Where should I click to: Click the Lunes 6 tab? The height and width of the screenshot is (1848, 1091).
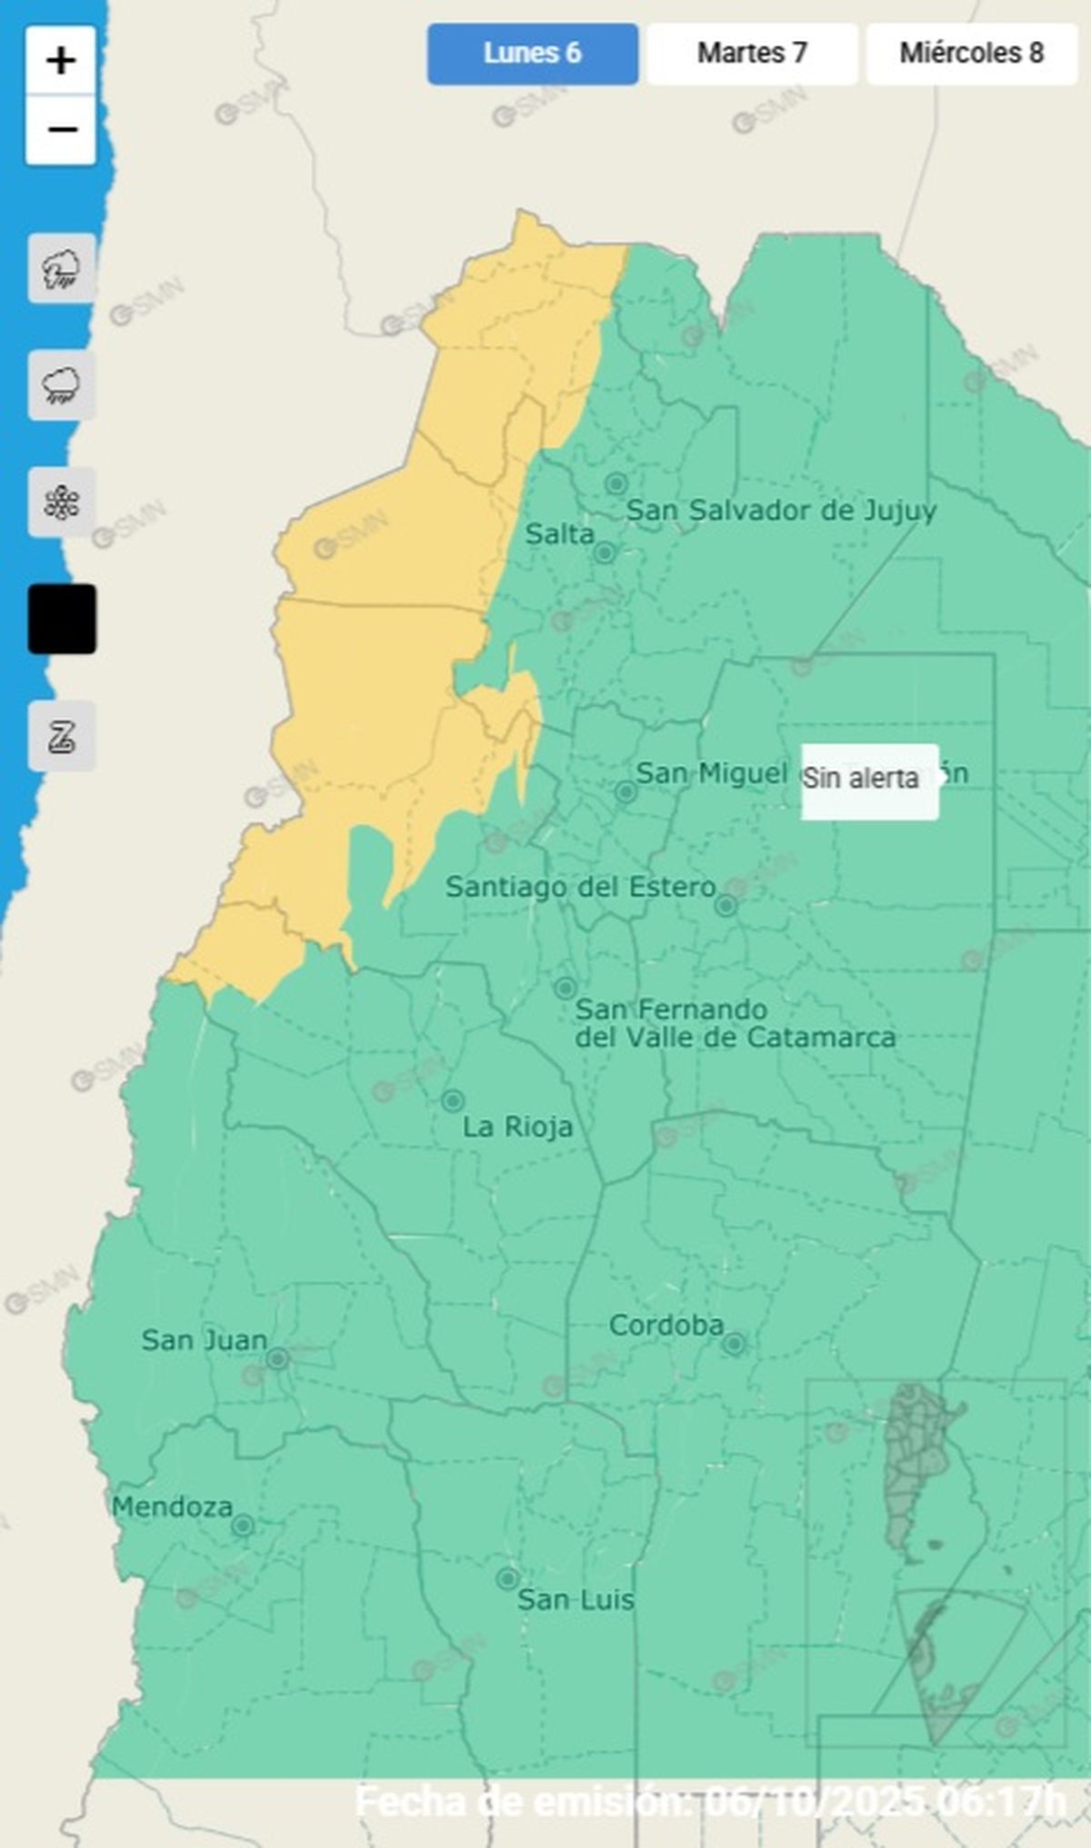click(533, 54)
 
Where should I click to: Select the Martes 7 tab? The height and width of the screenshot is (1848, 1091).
click(752, 54)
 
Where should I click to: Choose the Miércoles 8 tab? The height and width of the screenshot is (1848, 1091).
click(971, 54)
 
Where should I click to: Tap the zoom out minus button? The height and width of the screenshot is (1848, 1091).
click(61, 130)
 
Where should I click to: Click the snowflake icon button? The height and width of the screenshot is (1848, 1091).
click(61, 502)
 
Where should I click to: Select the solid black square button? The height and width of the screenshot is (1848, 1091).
click(61, 619)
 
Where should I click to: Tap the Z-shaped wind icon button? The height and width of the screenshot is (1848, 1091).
click(61, 736)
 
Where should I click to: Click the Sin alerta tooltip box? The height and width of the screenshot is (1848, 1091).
click(868, 780)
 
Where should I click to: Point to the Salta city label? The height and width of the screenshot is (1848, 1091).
click(559, 534)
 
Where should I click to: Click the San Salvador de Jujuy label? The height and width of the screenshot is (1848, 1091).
click(780, 511)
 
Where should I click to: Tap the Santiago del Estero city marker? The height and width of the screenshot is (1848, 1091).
click(726, 906)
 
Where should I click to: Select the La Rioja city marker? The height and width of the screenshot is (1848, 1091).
click(453, 1101)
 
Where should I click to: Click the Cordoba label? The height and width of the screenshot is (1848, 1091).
click(666, 1326)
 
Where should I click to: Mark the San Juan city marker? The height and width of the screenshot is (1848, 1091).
click(278, 1359)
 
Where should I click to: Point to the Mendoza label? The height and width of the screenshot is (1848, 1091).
click(172, 1507)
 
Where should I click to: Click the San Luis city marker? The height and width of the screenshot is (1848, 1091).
click(508, 1578)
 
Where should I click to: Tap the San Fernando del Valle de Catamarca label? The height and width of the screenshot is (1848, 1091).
click(734, 1023)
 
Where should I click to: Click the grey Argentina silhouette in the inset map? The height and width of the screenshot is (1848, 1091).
click(914, 1463)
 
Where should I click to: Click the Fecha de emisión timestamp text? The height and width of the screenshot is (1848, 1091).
click(709, 1801)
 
